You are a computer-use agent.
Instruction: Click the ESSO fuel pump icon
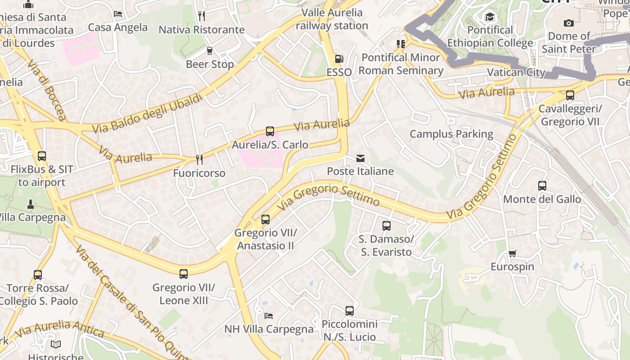pos(338,59)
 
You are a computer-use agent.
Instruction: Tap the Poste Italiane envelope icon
pos(360,158)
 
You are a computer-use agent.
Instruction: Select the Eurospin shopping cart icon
pos(512,253)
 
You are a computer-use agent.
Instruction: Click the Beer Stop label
pos(210,64)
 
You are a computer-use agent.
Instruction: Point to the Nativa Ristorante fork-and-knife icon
pos(202,16)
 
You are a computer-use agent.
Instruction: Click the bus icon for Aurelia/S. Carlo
pos(270,131)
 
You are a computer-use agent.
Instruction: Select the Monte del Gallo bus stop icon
pos(542,185)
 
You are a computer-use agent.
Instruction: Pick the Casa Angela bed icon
pos(118,14)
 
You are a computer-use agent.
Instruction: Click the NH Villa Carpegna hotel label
pos(269,329)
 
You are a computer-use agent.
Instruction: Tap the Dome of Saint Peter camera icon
pos(569,23)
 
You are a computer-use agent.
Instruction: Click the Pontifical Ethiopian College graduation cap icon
pos(490,17)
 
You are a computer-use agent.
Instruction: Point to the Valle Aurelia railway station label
pos(332,19)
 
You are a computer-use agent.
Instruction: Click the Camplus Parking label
pos(451,134)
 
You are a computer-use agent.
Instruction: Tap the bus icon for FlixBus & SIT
pos(42,156)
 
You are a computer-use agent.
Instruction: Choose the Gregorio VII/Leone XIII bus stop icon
pos(184,274)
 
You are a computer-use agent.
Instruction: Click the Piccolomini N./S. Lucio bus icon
pos(350,310)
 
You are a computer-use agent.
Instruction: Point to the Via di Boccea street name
pos(47,90)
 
